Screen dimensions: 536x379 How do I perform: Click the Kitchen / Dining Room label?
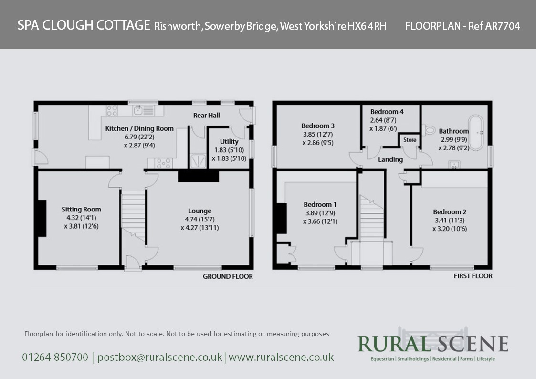139,128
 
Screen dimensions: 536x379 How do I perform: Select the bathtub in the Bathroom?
476,133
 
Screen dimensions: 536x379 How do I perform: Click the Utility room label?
229,141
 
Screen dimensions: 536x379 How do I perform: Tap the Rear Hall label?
207,116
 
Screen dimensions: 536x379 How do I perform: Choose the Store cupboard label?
410,140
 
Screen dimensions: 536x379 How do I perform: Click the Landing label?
390,159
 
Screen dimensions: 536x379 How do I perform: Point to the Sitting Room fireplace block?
42,218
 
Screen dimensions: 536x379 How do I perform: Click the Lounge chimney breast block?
198,176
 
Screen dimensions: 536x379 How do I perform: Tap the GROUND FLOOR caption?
228,276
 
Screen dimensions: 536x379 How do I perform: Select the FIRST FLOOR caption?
473,276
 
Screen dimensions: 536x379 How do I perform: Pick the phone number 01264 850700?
55,358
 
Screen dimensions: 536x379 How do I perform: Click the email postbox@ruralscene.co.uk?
159,358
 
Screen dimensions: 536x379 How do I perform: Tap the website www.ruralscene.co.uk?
281,358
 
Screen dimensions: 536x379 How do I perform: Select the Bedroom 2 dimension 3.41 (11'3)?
450,221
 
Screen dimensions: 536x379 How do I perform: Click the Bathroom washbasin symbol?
454,165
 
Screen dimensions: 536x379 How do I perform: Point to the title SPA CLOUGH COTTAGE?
84,25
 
